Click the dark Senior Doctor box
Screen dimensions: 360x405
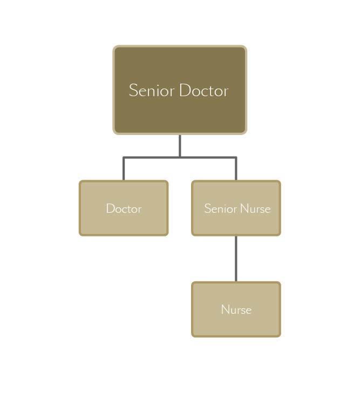coord(180,90)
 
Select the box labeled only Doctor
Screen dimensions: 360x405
coord(124,208)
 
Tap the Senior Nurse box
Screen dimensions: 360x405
coord(236,208)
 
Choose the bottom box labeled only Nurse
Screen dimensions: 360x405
coord(236,309)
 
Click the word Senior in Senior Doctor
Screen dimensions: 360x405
coord(152,90)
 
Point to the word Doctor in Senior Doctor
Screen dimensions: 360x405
coord(204,90)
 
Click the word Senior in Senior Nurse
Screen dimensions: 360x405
coord(221,208)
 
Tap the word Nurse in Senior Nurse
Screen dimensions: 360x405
coord(255,208)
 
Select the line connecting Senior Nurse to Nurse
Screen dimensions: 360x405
coord(236,259)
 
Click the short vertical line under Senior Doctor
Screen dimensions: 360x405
coord(180,146)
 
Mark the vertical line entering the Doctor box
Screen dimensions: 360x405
coord(124,168)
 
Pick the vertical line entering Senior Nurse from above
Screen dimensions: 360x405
coord(236,168)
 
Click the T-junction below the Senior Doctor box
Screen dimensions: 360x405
coord(180,157)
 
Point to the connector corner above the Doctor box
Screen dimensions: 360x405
coord(124,157)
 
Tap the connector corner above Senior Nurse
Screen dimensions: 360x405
coord(236,157)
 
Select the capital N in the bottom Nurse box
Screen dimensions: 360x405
coord(226,309)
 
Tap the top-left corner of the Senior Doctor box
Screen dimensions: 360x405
coord(114,46)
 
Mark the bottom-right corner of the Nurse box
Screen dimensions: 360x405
coord(280,336)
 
